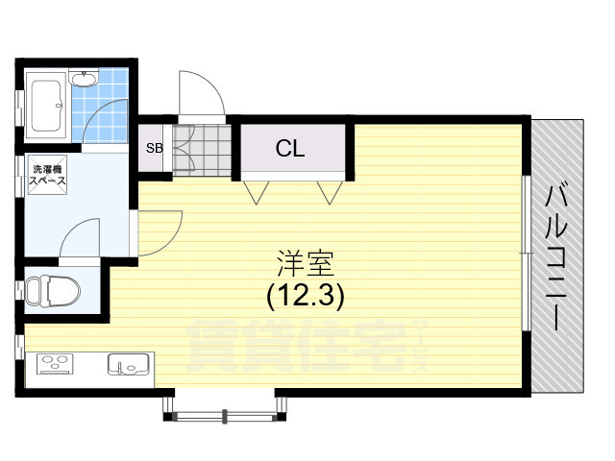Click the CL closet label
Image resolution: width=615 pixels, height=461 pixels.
(290, 149)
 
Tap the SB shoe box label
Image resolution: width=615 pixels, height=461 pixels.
(154, 149)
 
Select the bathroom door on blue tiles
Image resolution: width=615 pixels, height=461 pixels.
(104, 122)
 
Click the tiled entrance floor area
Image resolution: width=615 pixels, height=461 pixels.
(198, 149)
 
